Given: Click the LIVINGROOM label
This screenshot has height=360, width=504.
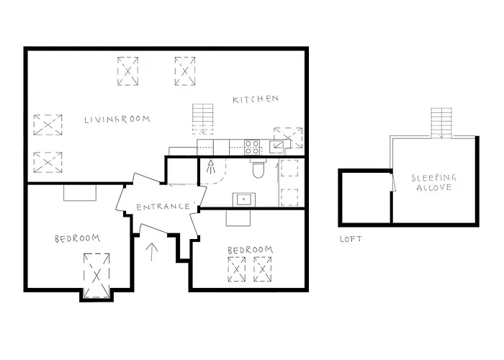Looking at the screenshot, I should (116, 119).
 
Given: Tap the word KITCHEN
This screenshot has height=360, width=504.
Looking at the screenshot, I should (255, 99).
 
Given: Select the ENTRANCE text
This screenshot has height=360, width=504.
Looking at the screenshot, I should (163, 207).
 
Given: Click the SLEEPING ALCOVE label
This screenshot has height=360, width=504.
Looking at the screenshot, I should (432, 182).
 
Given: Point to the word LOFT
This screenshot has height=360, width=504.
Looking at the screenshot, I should (351, 239).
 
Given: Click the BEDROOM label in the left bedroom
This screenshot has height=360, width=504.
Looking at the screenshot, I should (77, 238).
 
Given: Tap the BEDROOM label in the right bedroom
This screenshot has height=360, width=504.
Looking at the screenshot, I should (250, 250).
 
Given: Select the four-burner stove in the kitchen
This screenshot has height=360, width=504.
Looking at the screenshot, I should (252, 147).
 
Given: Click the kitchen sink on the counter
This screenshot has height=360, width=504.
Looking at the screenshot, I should (276, 146).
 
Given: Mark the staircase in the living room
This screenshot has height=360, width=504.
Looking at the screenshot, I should (203, 119).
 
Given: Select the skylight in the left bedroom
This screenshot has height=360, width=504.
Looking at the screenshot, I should (96, 274).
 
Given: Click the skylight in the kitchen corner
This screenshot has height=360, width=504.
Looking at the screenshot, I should (289, 137).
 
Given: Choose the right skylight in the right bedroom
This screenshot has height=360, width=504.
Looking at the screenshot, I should (264, 270).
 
